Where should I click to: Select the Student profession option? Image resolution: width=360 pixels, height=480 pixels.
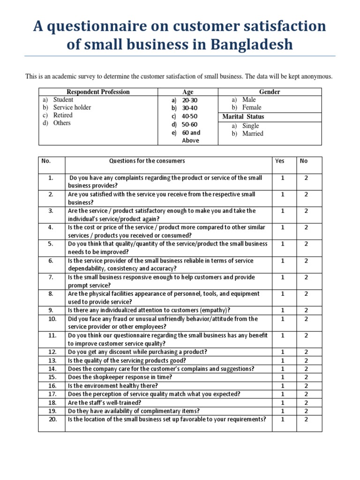click(x=63, y=99)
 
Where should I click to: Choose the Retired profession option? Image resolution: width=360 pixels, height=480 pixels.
click(x=63, y=115)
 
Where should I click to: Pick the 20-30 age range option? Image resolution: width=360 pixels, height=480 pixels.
click(x=190, y=100)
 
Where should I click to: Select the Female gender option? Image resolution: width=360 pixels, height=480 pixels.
click(x=252, y=107)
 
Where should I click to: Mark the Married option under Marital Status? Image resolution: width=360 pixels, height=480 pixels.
click(x=253, y=134)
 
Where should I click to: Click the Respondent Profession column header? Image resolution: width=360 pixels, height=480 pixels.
click(x=98, y=92)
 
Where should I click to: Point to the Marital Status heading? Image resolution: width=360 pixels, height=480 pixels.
click(x=243, y=117)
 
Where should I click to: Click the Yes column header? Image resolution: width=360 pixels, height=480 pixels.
click(x=279, y=161)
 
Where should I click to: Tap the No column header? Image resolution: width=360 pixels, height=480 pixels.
click(x=304, y=161)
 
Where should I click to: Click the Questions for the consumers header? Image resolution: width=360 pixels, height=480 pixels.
click(x=147, y=161)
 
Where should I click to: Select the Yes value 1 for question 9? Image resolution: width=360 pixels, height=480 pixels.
click(x=282, y=310)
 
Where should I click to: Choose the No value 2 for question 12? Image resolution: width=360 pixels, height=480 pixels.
click(x=306, y=352)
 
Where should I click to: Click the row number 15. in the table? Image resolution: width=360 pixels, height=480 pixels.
click(x=52, y=377)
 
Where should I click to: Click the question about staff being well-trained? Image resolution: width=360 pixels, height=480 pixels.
click(x=105, y=402)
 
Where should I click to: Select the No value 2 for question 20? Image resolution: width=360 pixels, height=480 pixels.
click(x=306, y=419)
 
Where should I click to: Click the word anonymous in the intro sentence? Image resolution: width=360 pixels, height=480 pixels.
click(x=316, y=76)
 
